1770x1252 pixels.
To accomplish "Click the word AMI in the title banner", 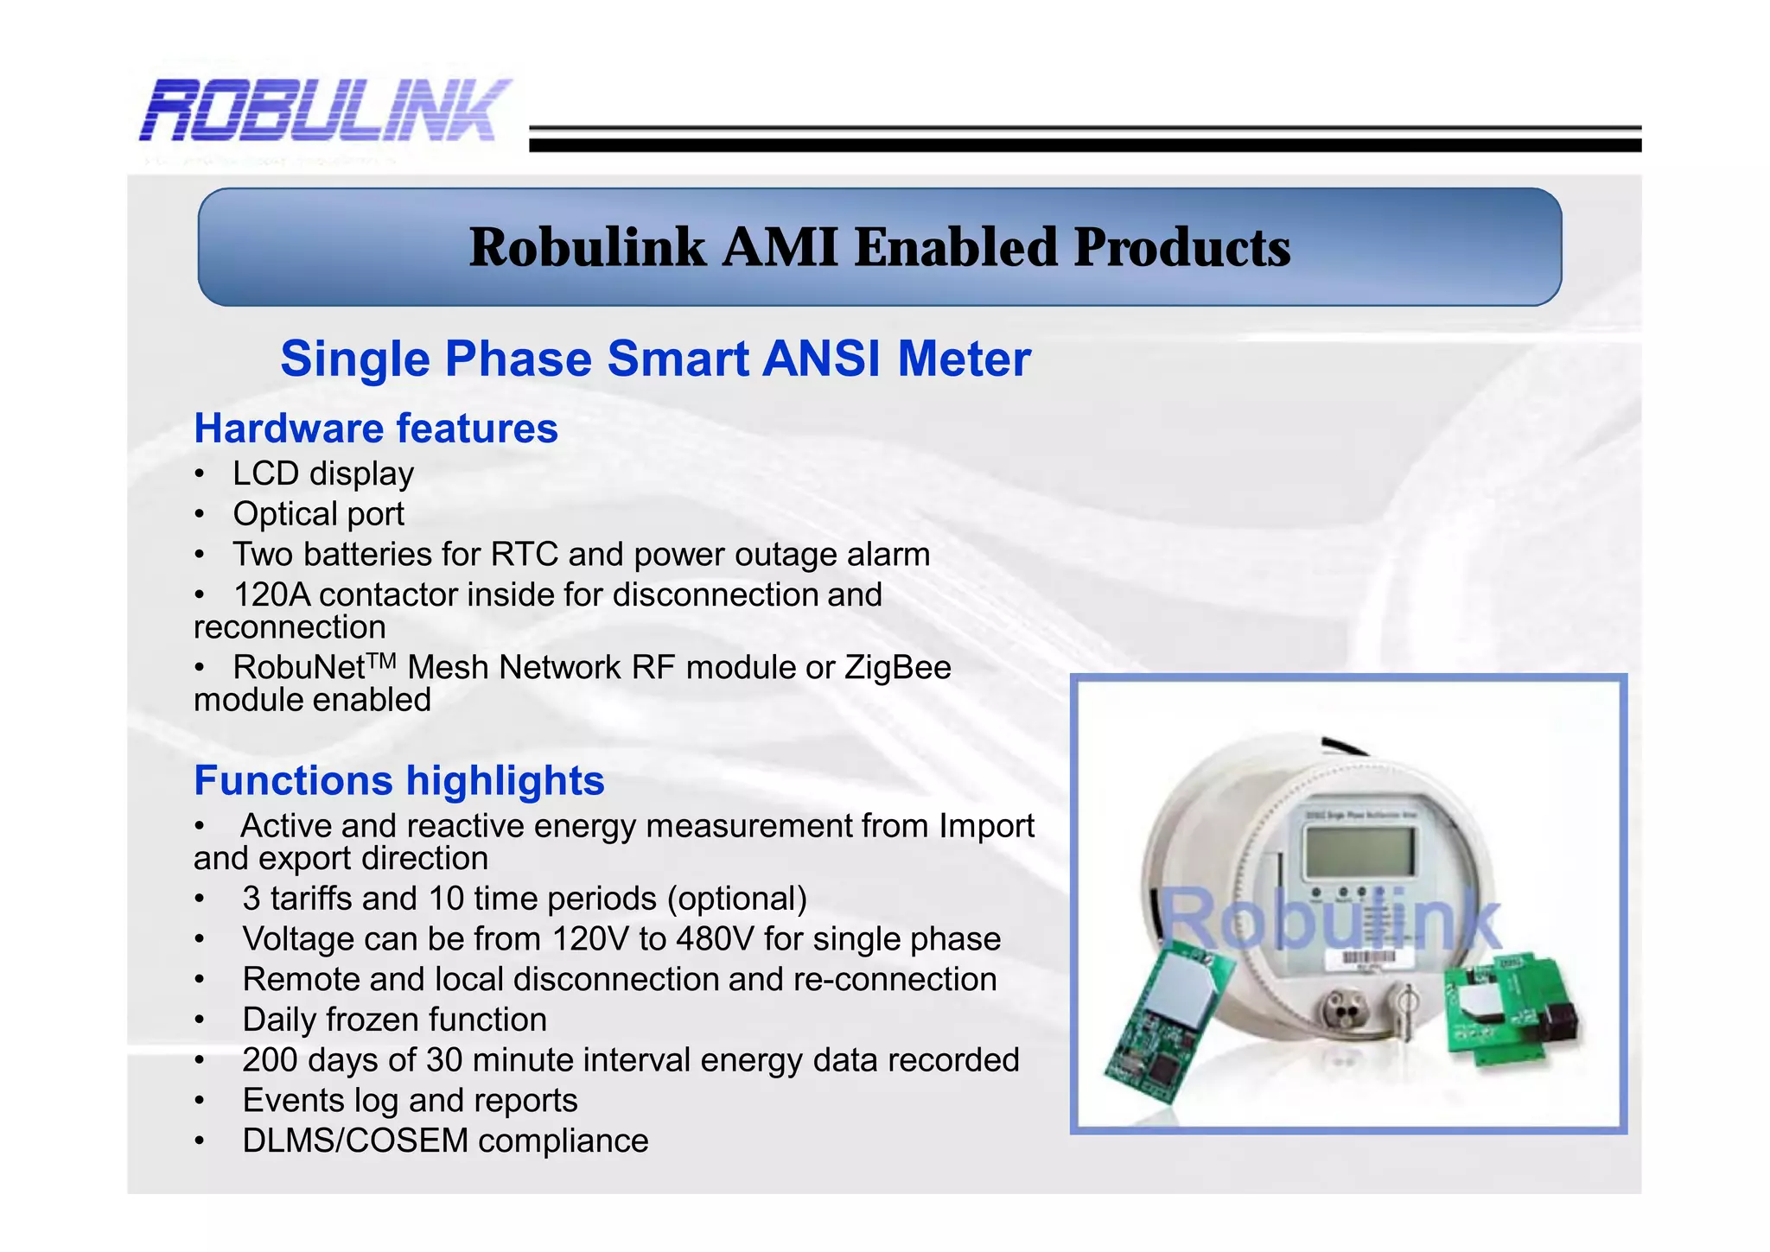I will pyautogui.click(x=780, y=247).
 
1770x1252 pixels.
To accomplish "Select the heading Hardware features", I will pyautogui.click(x=376, y=429).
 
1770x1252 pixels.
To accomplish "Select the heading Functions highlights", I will pyautogui.click(x=398, y=780).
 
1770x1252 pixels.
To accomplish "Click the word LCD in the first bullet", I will pyautogui.click(x=265, y=473).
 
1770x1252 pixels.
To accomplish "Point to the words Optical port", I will pyautogui.click(x=318, y=514).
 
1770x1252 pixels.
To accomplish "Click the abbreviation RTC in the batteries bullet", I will pyautogui.click(x=525, y=555).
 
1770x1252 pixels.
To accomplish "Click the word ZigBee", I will pyautogui.click(x=898, y=668).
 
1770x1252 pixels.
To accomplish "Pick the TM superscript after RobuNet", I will pyautogui.click(x=381, y=661).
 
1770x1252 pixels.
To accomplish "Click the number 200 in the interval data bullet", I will pyautogui.click(x=270, y=1060).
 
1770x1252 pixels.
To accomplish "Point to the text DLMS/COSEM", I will pyautogui.click(x=355, y=1141).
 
